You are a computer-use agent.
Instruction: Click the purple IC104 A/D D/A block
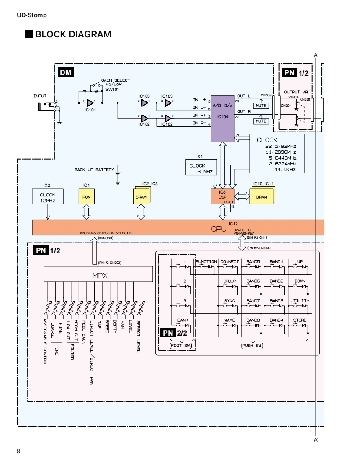coord(223,117)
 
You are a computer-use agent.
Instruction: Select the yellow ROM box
coord(86,196)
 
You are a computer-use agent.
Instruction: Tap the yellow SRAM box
coord(141,196)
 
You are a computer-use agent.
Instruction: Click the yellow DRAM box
coord(261,196)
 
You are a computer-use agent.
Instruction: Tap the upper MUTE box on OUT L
coord(261,106)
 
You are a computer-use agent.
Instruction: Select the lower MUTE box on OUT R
coord(261,121)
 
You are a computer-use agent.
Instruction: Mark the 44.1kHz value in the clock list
coord(285,170)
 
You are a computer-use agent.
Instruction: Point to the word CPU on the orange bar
coord(219,229)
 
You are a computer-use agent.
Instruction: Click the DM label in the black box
coord(66,72)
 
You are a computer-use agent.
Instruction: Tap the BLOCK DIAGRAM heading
coord(73,34)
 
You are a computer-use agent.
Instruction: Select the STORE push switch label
coord(300,320)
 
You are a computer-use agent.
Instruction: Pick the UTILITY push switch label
coord(300,301)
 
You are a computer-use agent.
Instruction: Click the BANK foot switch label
coord(183,320)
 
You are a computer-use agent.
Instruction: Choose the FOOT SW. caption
coord(181,346)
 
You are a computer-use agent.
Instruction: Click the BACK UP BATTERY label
coord(94,170)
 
